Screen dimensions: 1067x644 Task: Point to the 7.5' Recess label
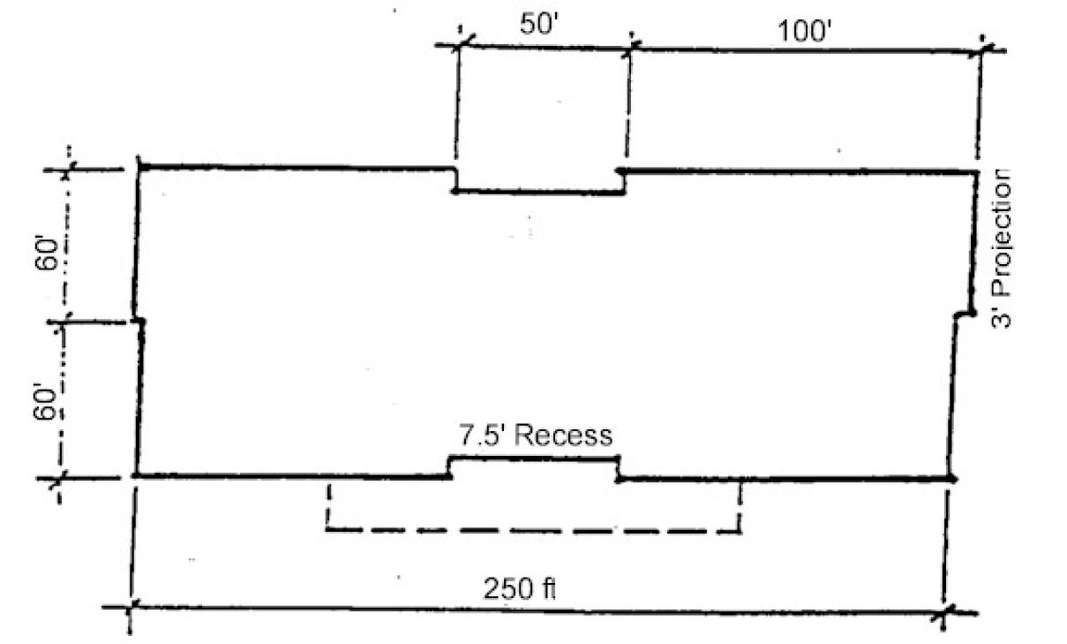point(535,436)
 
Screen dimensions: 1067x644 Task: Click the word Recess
point(566,436)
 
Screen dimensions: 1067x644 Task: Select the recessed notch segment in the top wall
point(539,191)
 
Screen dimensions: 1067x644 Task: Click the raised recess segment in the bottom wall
point(533,457)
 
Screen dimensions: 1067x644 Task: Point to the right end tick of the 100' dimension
point(981,51)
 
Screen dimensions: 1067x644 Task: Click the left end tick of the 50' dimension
point(460,43)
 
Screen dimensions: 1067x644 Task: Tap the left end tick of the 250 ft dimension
point(131,608)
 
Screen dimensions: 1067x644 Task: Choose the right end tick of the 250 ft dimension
point(945,611)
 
